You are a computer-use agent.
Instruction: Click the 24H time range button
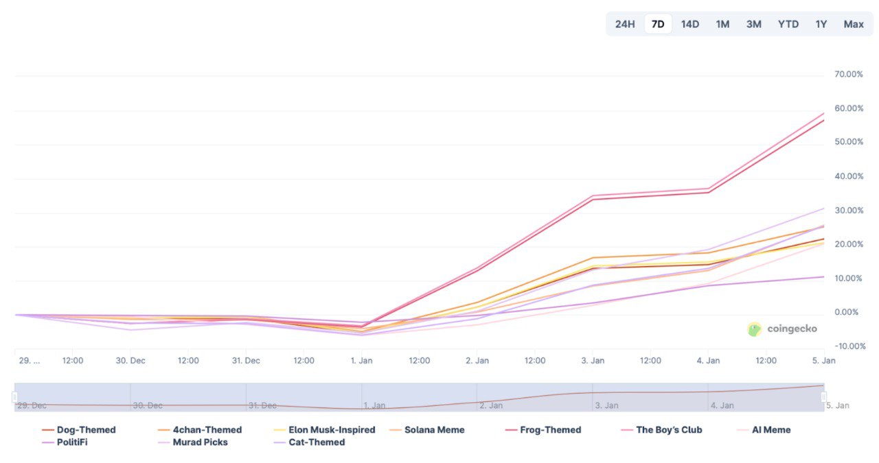(x=625, y=24)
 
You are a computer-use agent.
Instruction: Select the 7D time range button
(x=658, y=24)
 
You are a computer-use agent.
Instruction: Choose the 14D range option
(x=690, y=24)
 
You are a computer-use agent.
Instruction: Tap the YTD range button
(x=788, y=24)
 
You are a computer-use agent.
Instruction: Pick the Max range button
(x=854, y=24)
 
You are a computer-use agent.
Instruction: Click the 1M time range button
(x=722, y=24)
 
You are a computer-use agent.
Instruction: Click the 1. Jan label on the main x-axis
(x=361, y=360)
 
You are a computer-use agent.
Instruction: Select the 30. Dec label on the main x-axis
(x=130, y=360)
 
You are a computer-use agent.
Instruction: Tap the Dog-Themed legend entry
(x=86, y=430)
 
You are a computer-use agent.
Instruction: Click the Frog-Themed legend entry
(x=550, y=430)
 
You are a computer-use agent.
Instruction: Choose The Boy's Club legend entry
(x=669, y=430)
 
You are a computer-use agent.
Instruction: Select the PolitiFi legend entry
(x=72, y=442)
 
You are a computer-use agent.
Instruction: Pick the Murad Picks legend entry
(x=200, y=442)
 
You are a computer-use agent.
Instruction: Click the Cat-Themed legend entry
(x=317, y=442)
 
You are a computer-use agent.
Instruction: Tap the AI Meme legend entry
(x=771, y=430)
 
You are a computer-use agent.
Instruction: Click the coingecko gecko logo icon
(x=755, y=329)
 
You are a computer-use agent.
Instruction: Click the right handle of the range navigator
(x=824, y=397)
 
